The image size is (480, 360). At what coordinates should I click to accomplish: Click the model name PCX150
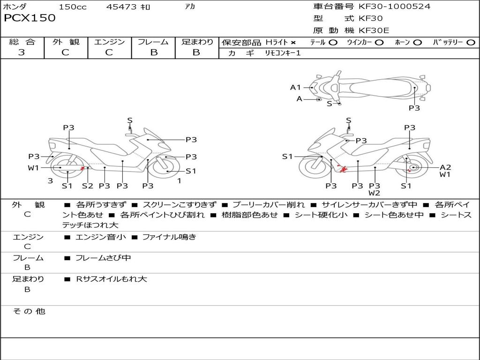coord(30,18)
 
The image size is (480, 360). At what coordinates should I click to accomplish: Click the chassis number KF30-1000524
coord(394,7)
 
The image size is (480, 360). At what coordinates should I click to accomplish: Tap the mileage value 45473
coord(121,7)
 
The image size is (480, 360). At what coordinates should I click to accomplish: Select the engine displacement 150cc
coord(73,7)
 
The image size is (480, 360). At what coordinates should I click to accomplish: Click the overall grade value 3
coord(22,52)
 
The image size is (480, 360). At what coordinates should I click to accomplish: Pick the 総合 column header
coord(22,42)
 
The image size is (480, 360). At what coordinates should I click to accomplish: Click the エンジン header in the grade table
coord(109,42)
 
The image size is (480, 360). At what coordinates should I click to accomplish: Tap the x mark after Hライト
coord(293,43)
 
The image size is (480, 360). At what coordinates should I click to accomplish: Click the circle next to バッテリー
coord(471,43)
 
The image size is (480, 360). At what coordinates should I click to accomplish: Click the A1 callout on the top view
coord(295,87)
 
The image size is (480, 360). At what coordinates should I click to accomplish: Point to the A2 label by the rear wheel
coord(445,167)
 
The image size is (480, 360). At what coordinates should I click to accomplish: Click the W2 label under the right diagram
coord(374,193)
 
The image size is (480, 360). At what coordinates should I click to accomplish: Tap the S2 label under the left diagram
coord(88,186)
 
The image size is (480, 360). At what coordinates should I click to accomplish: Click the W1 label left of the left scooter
coord(34,167)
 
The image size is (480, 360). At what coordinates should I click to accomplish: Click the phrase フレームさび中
coord(103,258)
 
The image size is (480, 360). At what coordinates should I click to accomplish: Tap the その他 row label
coord(29,311)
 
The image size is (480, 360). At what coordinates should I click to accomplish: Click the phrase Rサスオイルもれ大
coord(112,279)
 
